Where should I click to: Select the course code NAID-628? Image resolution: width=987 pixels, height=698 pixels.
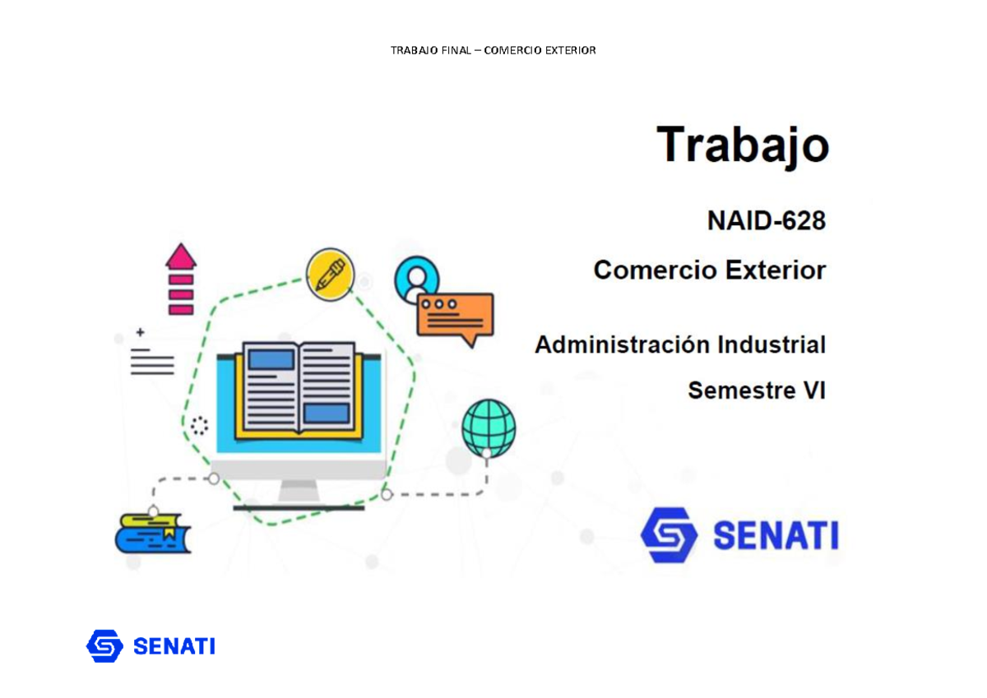[x=766, y=221]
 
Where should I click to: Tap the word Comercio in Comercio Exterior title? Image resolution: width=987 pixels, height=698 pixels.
[x=646, y=270]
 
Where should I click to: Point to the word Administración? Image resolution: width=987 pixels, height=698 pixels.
[x=622, y=344]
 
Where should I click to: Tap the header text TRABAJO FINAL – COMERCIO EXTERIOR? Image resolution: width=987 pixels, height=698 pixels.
[x=493, y=51]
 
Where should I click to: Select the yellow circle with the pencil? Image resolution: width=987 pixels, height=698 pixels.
[x=330, y=274]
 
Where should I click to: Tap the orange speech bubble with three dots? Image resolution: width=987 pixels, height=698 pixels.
[x=455, y=317]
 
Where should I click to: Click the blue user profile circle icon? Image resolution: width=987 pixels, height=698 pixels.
[x=416, y=278]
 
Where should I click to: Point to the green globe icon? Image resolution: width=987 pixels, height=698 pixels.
[x=489, y=427]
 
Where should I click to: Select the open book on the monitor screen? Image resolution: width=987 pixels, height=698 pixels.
[x=299, y=388]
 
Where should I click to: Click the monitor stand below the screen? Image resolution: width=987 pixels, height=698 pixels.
[x=299, y=493]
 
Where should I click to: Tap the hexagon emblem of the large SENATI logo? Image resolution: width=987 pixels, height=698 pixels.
[x=669, y=535]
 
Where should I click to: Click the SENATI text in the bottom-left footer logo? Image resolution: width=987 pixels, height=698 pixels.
[x=174, y=646]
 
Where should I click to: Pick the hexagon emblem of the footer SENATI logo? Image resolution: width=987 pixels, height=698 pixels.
[x=104, y=646]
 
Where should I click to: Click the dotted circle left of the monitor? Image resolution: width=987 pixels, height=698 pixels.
[x=199, y=426]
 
